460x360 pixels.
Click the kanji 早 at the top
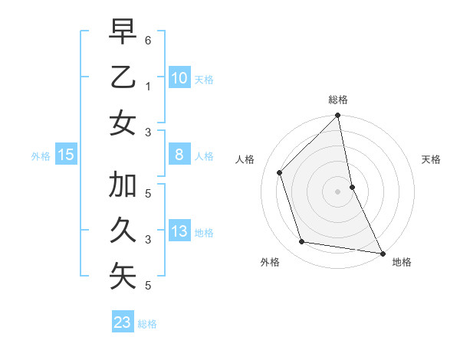[123, 31]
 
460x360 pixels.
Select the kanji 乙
[123, 77]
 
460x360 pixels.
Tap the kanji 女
[123, 123]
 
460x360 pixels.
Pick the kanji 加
[123, 185]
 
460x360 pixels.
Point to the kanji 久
[123, 231]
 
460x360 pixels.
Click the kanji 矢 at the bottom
[123, 277]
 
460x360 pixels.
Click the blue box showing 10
[179, 77]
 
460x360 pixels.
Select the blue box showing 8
[179, 155]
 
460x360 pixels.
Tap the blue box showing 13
[179, 231]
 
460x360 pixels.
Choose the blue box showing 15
[66, 155]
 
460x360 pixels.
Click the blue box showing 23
[123, 322]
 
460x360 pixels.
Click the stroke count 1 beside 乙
[148, 86]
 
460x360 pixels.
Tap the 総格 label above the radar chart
[338, 100]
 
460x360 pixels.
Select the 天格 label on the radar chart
[431, 160]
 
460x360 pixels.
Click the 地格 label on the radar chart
[402, 262]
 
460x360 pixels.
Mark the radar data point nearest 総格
[338, 116]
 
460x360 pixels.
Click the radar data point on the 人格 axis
[280, 172]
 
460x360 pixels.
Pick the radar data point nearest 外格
[302, 242]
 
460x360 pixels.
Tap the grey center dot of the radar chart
[338, 191]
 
